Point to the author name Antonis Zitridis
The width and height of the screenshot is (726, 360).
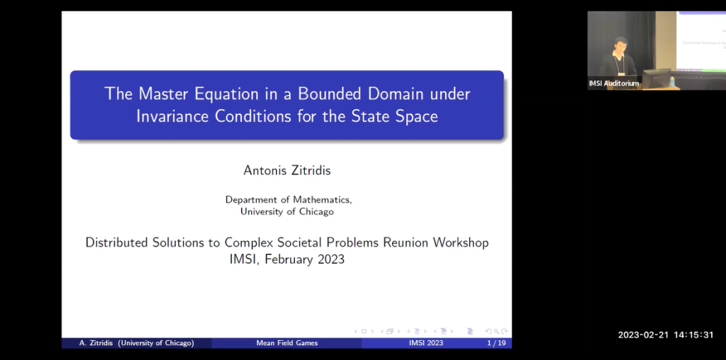[286, 170]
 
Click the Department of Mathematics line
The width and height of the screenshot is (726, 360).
[286, 200]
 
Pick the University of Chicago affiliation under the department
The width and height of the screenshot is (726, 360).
[286, 211]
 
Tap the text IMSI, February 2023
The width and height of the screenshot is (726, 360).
[286, 259]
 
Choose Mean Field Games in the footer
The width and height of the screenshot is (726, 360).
[286, 343]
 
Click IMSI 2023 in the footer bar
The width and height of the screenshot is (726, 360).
[425, 343]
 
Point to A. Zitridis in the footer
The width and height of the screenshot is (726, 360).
[96, 343]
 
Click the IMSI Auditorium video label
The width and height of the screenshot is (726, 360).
[614, 84]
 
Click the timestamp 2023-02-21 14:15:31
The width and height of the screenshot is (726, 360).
[666, 334]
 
